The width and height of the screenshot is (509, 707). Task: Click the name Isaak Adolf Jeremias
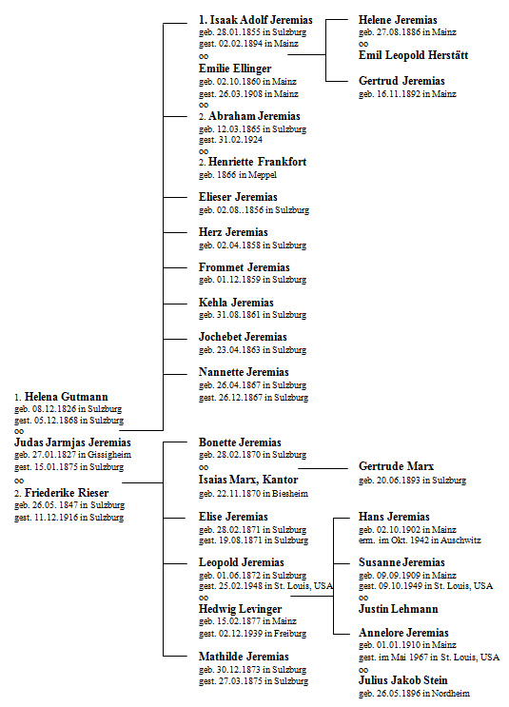pos(261,20)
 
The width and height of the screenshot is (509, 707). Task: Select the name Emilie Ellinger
pos(235,69)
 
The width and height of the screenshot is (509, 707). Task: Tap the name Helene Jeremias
pos(398,20)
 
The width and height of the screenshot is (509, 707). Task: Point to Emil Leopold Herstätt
pos(414,55)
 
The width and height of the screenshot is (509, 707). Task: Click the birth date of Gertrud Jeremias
pos(407,94)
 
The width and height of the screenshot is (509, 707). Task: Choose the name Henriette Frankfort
pos(257,162)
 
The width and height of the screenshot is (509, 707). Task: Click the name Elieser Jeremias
pos(238,197)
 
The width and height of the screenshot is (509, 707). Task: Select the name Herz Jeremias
pos(233,232)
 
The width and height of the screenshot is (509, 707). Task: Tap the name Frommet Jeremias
pos(244,267)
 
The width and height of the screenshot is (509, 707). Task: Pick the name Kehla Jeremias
pos(236,303)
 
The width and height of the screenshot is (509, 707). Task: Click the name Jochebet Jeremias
pos(243,337)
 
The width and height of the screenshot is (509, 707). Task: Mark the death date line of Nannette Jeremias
pos(253,398)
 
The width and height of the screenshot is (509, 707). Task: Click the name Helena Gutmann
pos(67,397)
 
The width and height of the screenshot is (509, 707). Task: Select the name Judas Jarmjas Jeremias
pos(72,442)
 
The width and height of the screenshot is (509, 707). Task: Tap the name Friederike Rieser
pos(67,493)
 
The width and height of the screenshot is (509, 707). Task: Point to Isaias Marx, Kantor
pos(248,480)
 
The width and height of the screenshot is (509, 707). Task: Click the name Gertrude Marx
pos(397,466)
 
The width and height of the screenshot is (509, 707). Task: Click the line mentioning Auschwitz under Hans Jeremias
pos(420,540)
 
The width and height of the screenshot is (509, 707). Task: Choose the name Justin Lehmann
pos(398,609)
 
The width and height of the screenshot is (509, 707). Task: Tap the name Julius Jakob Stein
pos(403,680)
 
